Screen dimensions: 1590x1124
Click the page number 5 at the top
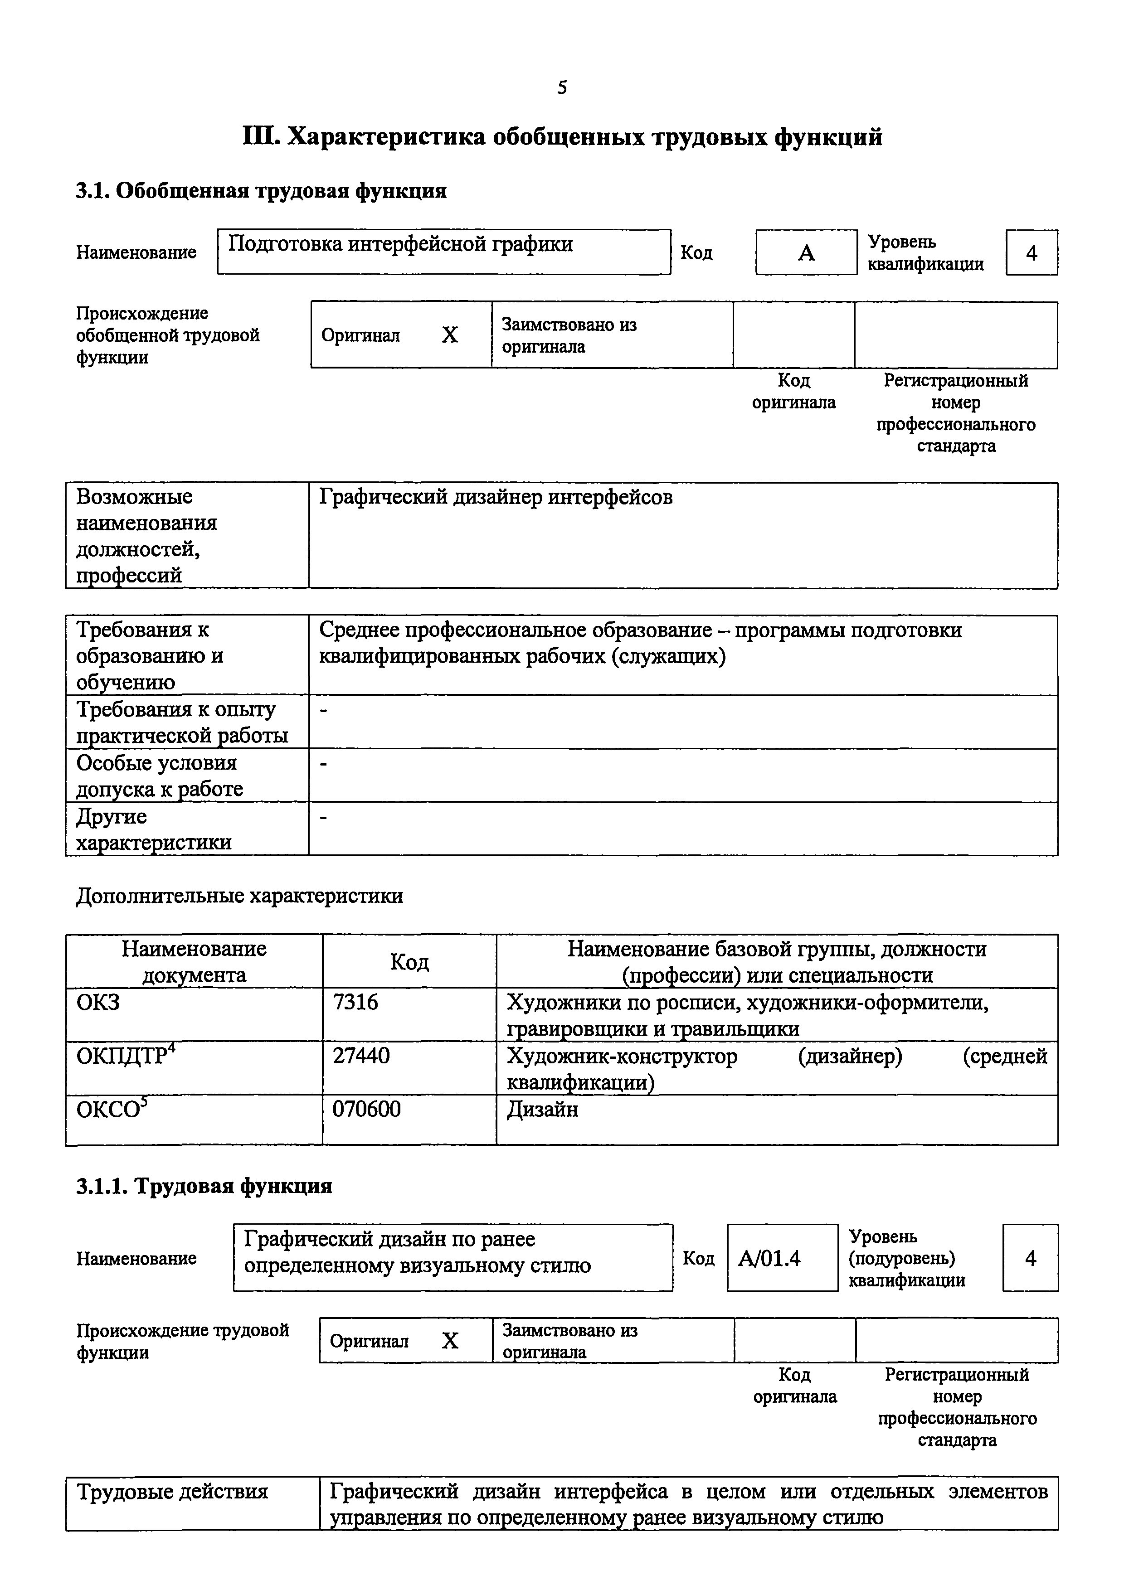point(562,87)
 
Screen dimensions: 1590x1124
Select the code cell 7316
point(355,1002)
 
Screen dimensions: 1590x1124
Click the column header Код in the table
point(409,961)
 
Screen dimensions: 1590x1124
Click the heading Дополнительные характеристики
point(239,896)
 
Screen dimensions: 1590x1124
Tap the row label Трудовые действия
point(172,1491)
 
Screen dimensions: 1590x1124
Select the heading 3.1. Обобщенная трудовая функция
point(261,190)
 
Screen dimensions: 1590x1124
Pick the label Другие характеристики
point(153,829)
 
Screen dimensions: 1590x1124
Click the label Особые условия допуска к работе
point(159,776)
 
